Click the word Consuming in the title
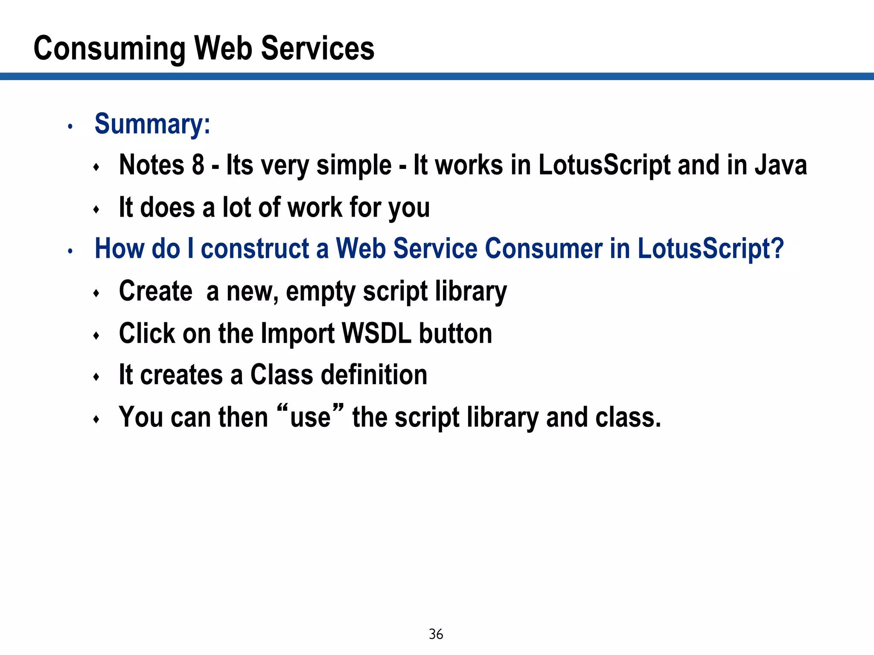109,49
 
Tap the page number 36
436,634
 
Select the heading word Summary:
152,124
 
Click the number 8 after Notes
198,165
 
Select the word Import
297,334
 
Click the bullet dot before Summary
70,126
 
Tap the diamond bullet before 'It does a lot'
96,209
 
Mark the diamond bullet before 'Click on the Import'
96,336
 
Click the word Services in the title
318,49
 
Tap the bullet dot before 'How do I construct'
70,251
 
